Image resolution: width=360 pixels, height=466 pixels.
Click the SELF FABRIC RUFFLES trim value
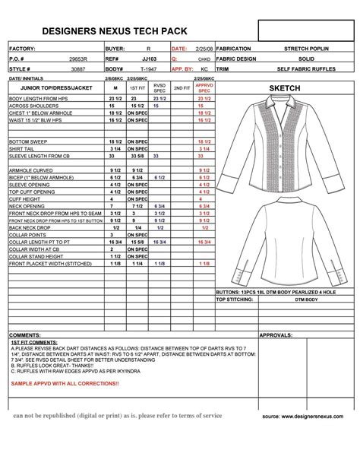307,68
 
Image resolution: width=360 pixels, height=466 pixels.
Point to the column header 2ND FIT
182,88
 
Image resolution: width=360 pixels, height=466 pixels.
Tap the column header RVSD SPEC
159,88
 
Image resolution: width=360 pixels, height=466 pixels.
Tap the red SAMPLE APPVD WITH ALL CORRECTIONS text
65,383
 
